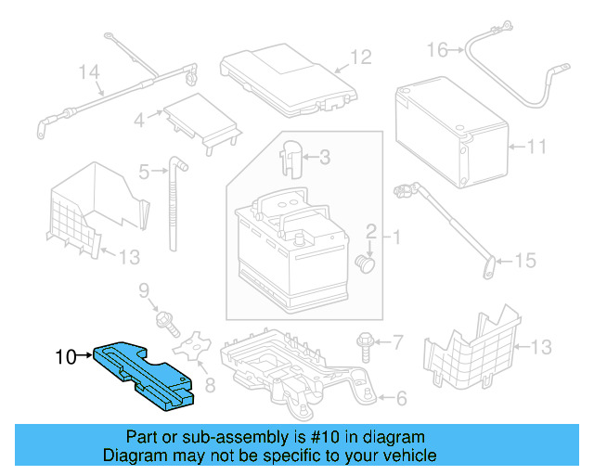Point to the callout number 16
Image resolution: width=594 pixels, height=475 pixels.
[x=437, y=48]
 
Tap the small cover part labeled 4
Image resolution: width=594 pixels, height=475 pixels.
[x=199, y=121]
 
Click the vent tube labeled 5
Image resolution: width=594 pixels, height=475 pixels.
[x=174, y=204]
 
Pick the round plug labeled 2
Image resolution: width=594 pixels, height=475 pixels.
[x=368, y=264]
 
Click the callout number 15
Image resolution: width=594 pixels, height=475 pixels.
[x=524, y=261]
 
